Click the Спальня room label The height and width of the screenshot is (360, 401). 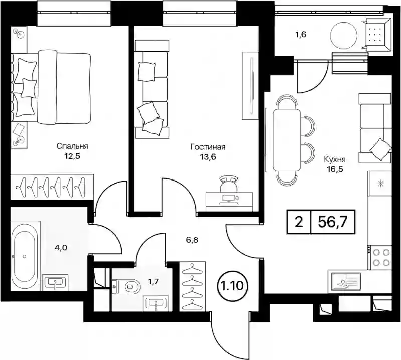pyautogui.click(x=72, y=146)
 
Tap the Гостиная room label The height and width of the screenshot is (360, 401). pyautogui.click(x=208, y=147)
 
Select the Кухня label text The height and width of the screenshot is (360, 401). pyautogui.click(x=335, y=160)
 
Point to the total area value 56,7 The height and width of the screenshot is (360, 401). pyautogui.click(x=332, y=222)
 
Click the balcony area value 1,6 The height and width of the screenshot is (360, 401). pyautogui.click(x=301, y=35)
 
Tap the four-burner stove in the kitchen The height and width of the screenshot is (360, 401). pyautogui.click(x=379, y=257)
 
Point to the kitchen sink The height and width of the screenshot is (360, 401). pyautogui.click(x=344, y=282)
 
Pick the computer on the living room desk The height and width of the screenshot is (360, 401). pyautogui.click(x=229, y=200)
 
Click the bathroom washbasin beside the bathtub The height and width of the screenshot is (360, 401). pyautogui.click(x=55, y=282)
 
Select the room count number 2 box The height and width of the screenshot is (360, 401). pyautogui.click(x=299, y=222)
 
